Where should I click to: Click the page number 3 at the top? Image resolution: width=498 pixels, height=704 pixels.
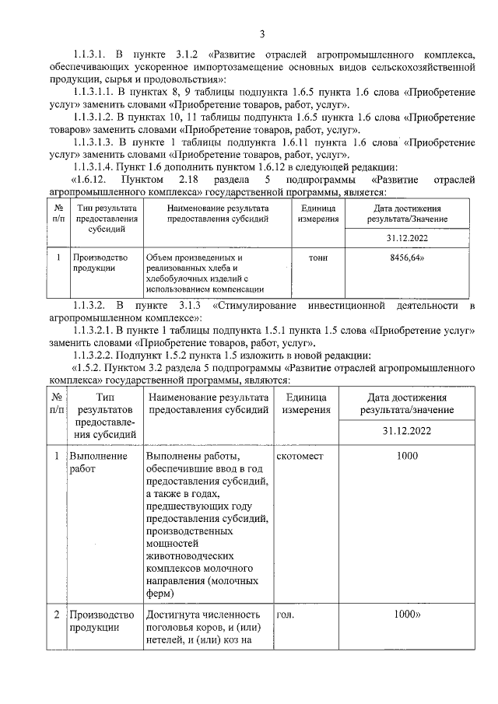[x=262, y=33]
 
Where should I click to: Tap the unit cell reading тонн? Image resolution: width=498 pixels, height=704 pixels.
[x=317, y=257]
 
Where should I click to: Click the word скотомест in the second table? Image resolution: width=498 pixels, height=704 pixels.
[x=300, y=456]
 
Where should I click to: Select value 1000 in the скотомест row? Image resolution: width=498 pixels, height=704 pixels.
[x=406, y=456]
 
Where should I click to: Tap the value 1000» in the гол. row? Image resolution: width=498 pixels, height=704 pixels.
[x=408, y=614]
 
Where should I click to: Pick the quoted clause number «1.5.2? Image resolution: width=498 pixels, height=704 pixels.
[x=89, y=368]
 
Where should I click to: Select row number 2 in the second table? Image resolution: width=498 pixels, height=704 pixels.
[x=57, y=614]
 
